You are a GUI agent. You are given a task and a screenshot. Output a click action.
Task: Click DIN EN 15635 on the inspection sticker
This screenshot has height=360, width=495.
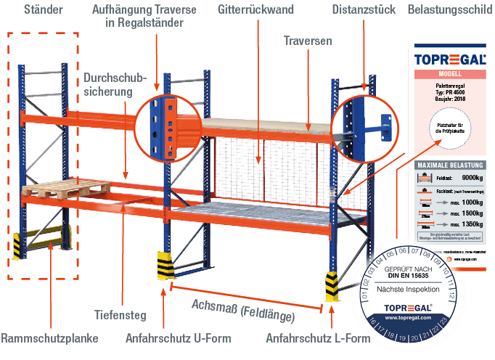click(407, 274)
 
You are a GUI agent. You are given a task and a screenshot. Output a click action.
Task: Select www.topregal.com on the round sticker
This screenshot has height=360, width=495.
click(407, 318)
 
